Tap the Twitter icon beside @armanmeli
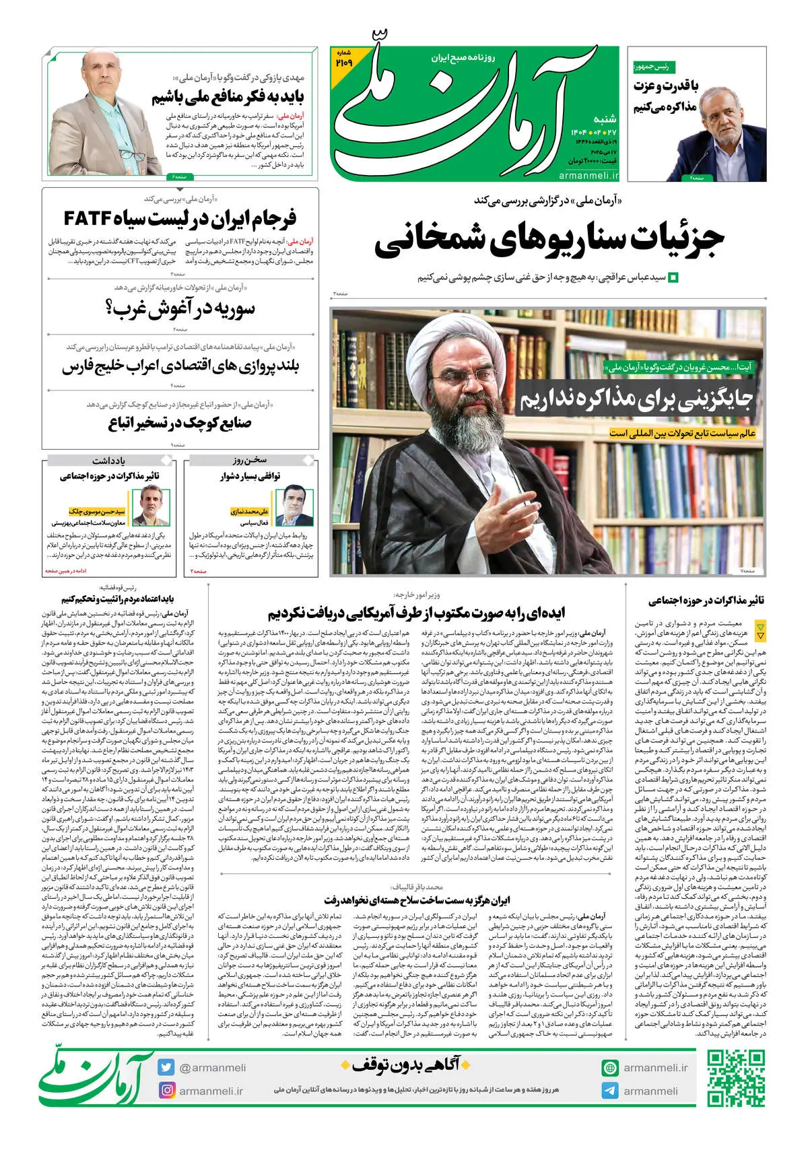[x=166, y=1067]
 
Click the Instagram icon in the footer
[x=166, y=1090]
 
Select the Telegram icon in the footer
[x=610, y=1091]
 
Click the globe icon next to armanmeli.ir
[x=610, y=1068]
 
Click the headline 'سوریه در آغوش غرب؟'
[x=180, y=310]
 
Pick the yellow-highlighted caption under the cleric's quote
[x=682, y=434]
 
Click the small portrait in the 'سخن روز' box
[x=294, y=506]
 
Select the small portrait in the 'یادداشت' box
[x=151, y=506]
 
